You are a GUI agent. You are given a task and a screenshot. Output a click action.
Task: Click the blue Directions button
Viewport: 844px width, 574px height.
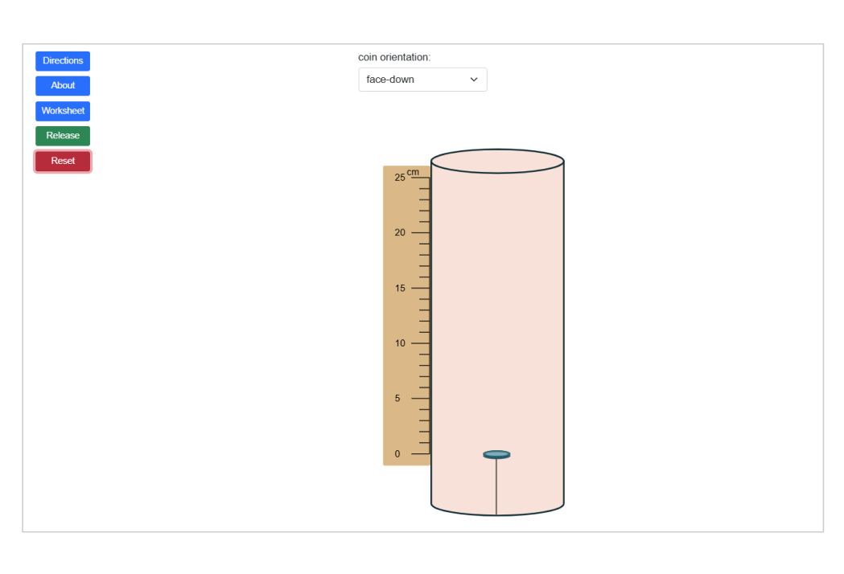pos(63,61)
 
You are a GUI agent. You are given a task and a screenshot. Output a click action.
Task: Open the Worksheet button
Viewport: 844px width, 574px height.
pos(63,111)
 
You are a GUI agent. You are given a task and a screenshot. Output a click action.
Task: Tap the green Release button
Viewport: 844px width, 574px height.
pos(63,136)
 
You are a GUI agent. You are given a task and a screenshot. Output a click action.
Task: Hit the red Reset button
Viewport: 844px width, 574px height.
pos(63,161)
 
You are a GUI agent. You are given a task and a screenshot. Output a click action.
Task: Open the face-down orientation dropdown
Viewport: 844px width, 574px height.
pos(422,80)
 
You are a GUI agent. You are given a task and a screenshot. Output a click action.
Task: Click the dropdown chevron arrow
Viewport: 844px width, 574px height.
pos(474,80)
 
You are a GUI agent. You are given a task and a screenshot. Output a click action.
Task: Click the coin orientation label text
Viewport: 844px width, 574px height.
pos(394,57)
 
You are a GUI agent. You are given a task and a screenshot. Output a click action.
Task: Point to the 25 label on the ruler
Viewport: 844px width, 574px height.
pos(400,178)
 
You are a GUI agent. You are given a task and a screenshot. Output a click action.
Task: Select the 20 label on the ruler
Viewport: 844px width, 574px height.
pos(400,232)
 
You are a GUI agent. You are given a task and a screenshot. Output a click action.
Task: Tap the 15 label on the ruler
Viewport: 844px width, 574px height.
pos(400,288)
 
